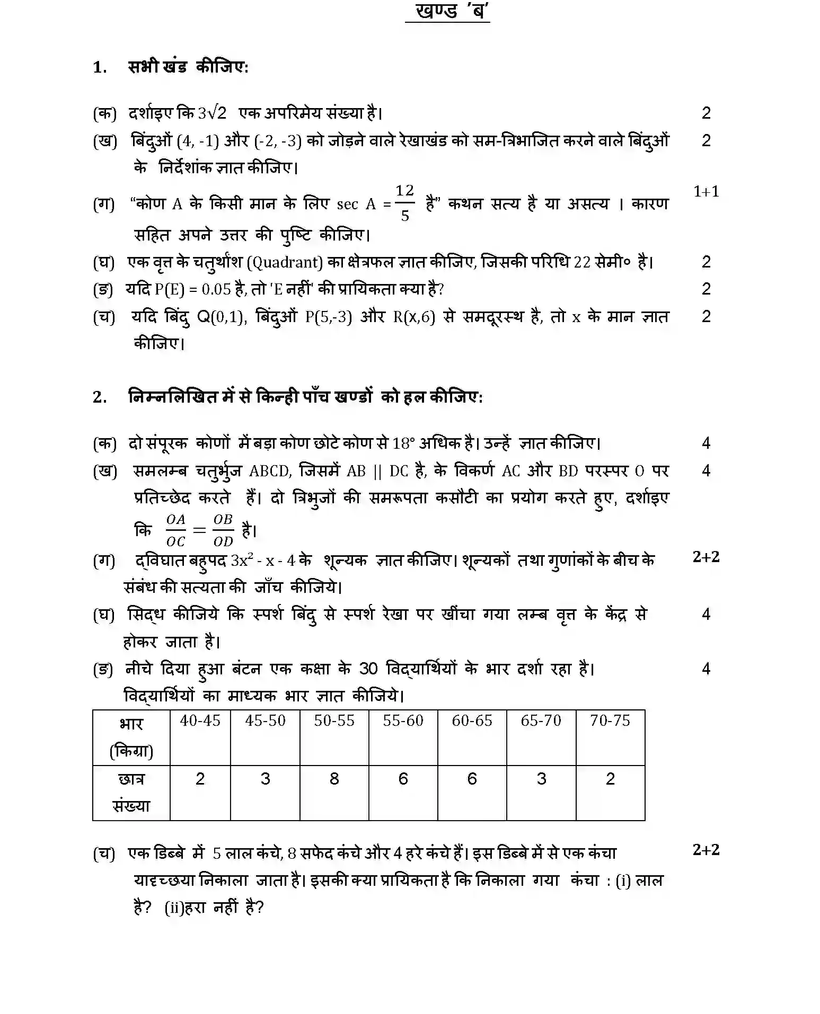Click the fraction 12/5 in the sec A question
[x=404, y=203]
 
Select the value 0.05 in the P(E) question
[x=216, y=290]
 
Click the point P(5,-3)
[x=329, y=317]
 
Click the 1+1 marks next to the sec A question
[x=706, y=191]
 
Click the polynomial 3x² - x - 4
[x=263, y=561]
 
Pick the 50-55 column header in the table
[x=334, y=721]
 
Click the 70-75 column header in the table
[x=610, y=721]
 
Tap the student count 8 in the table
[x=334, y=779]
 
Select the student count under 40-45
[x=200, y=779]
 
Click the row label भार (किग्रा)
[x=131, y=737]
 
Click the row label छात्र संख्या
[x=131, y=793]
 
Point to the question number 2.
[x=99, y=397]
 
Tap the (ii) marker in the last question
[x=173, y=908]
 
